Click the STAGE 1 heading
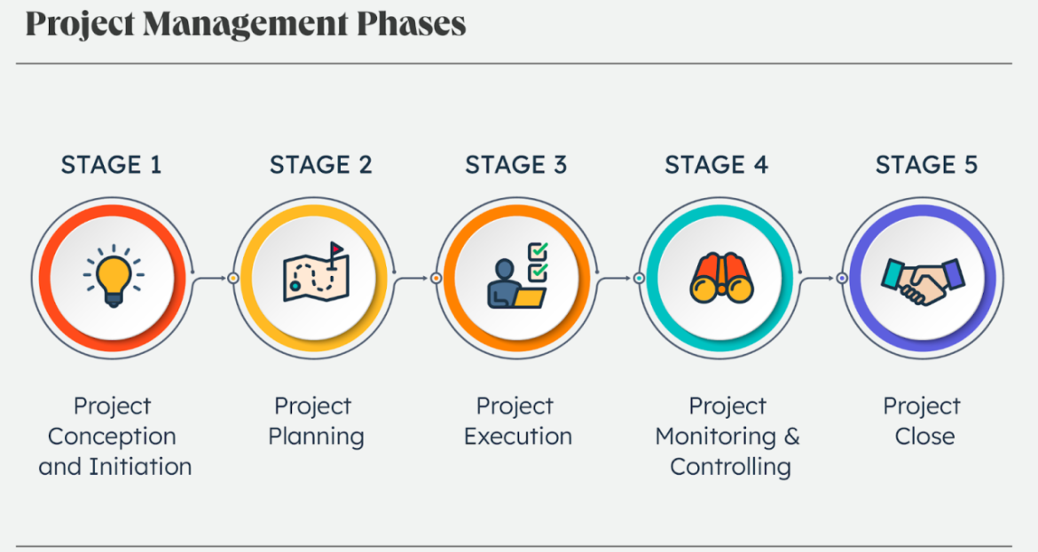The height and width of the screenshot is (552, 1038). (111, 165)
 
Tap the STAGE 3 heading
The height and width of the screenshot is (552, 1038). (515, 165)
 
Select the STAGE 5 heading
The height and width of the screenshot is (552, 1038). (926, 165)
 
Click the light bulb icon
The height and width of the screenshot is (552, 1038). (114, 277)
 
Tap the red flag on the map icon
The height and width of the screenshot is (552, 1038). (336, 248)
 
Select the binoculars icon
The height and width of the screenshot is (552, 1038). (720, 277)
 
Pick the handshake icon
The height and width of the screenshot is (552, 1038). (923, 280)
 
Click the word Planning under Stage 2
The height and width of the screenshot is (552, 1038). (316, 437)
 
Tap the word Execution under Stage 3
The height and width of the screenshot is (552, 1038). (518, 437)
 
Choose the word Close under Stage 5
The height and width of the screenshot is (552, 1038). (924, 437)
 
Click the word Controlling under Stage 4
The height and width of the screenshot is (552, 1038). (730, 467)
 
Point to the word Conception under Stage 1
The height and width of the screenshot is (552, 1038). (112, 437)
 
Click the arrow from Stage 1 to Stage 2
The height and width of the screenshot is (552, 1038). (211, 278)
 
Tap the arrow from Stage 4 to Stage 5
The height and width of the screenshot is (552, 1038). (820, 278)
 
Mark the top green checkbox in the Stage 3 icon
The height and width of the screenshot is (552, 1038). (538, 250)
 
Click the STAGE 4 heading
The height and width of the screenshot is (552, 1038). (716, 165)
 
